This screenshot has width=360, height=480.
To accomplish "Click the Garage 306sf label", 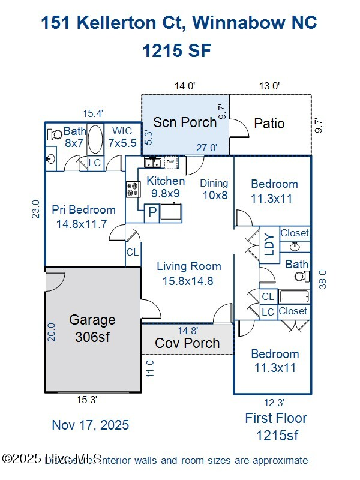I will [x=92, y=328].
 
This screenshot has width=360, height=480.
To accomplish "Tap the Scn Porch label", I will [x=184, y=122].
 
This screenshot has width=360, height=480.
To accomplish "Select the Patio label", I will [x=269, y=124].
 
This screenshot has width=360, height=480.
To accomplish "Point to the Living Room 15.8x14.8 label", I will [x=189, y=273].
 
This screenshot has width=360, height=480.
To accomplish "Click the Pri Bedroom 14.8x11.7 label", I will [x=83, y=217].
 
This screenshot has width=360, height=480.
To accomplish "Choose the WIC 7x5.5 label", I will [x=122, y=137].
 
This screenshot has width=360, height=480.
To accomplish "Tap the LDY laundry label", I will [x=268, y=245].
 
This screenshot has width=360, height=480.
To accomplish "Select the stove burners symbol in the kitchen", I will [x=133, y=190].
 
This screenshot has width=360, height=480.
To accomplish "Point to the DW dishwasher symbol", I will [x=170, y=161].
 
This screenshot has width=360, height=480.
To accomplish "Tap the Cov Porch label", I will [x=187, y=344].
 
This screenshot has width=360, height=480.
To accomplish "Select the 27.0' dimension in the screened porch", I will [x=207, y=148].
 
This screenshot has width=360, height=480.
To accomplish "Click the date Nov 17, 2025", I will [x=90, y=425].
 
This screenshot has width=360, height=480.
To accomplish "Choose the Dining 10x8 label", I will [x=214, y=189].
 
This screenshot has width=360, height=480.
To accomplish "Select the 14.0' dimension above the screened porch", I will [x=185, y=86].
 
